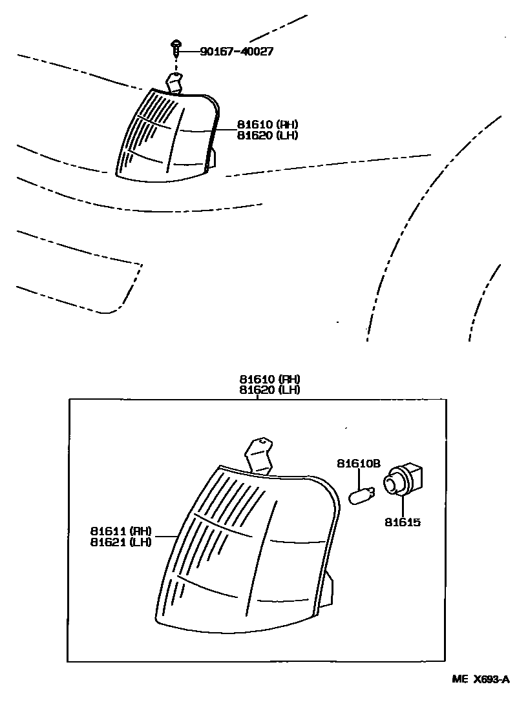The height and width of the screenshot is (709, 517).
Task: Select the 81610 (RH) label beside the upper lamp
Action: pyautogui.click(x=258, y=125)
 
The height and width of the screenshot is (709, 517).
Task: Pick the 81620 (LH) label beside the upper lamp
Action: pyautogui.click(x=258, y=136)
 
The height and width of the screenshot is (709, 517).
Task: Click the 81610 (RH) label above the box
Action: pyautogui.click(x=269, y=379)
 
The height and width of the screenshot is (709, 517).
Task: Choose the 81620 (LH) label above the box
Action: pyautogui.click(x=269, y=390)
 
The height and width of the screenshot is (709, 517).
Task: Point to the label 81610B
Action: pyautogui.click(x=359, y=463)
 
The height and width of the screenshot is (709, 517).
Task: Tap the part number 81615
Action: pyautogui.click(x=402, y=521)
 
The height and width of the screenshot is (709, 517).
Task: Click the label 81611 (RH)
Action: pyautogui.click(x=121, y=531)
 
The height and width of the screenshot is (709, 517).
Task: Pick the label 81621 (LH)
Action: pyautogui.click(x=121, y=542)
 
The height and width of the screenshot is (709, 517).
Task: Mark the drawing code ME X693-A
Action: pyautogui.click(x=480, y=679)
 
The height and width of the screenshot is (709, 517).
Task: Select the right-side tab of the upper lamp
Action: pyautogui.click(x=214, y=159)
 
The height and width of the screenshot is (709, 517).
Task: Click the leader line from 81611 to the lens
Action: pyautogui.click(x=165, y=536)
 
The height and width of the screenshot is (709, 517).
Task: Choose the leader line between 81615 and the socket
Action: pyautogui.click(x=402, y=507)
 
